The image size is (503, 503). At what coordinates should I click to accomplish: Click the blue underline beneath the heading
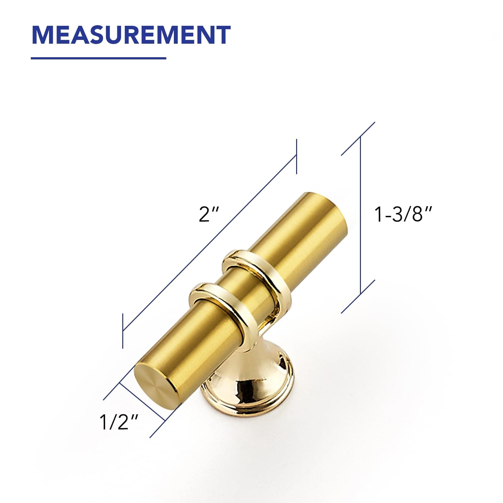pos(98,58)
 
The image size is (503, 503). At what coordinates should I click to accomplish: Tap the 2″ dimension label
pos(208,214)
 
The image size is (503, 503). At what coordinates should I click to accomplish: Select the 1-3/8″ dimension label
pos(403,214)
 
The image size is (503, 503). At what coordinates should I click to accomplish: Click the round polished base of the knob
pos(248,387)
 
